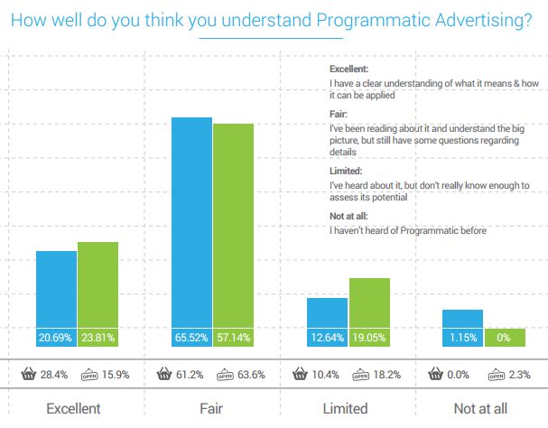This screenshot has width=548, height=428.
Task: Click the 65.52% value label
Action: coord(191,339)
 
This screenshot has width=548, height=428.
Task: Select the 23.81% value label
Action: coord(98,339)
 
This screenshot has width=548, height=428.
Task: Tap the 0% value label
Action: coord(504,339)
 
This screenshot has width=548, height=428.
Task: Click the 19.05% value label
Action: coord(368,339)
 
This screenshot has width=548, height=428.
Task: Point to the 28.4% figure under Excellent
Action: coord(56,374)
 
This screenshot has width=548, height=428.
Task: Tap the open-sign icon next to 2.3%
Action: coord(495,374)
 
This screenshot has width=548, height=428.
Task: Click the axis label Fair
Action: coord(211,408)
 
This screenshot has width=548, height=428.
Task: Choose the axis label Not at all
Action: coord(479,408)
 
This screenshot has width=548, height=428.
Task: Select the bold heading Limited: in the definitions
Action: coord(346,171)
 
